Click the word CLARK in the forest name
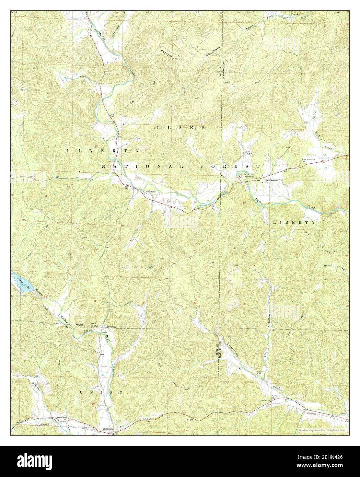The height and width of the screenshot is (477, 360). [181, 128]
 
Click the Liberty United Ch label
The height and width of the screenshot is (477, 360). [150, 192]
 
